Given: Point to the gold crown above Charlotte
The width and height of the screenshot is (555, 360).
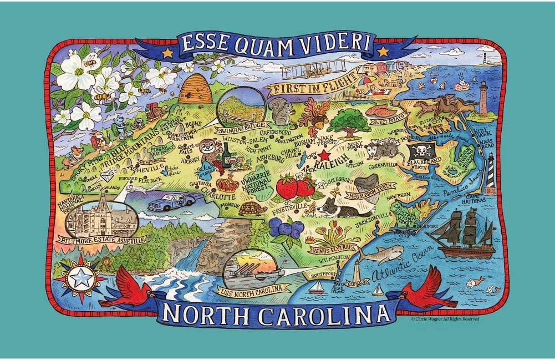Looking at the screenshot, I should [227, 182].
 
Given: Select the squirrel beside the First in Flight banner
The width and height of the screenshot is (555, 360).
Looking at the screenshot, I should [278, 113].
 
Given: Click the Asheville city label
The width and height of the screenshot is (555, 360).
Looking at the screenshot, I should [145, 166].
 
